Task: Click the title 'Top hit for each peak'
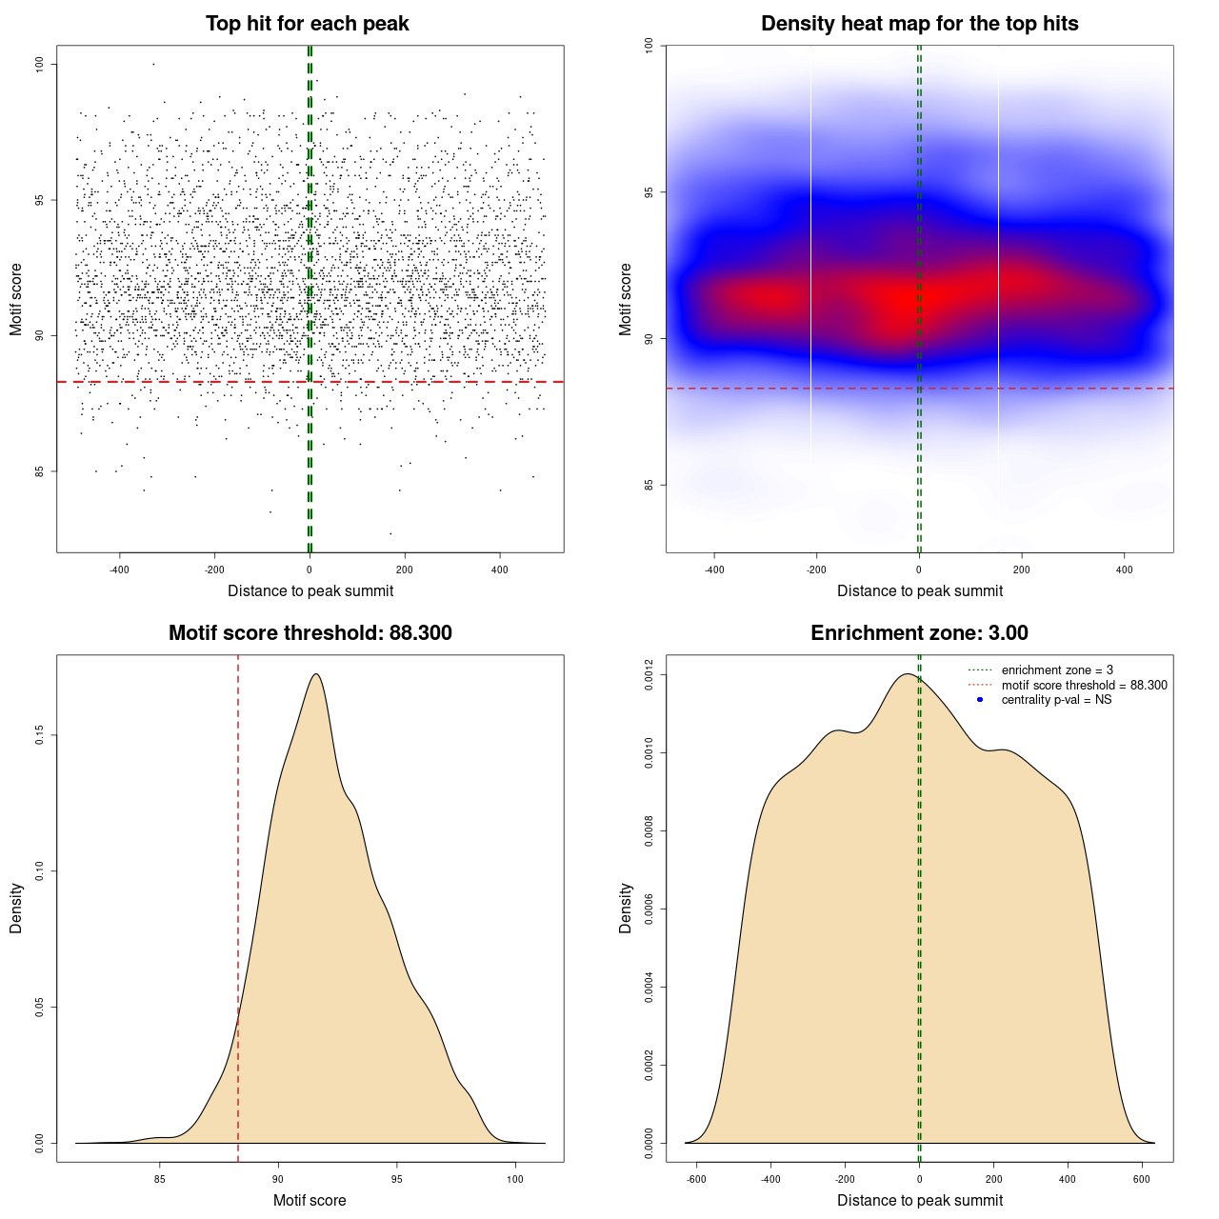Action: pyautogui.click(x=308, y=24)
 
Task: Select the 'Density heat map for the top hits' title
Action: pyautogui.click(x=919, y=24)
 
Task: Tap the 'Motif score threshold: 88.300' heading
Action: pyautogui.click(x=310, y=633)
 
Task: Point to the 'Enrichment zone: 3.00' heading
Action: pyautogui.click(x=919, y=633)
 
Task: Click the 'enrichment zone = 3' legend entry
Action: pyautogui.click(x=1057, y=670)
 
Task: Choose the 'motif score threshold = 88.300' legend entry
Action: pyautogui.click(x=1084, y=685)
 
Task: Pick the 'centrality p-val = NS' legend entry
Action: pyautogui.click(x=1056, y=700)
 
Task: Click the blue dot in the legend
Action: pyautogui.click(x=980, y=700)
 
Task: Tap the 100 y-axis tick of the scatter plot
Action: pyautogui.click(x=39, y=64)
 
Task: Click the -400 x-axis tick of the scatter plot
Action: pyautogui.click(x=119, y=570)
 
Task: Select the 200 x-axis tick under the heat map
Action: pyautogui.click(x=1022, y=570)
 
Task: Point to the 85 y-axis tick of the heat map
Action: pyautogui.click(x=649, y=485)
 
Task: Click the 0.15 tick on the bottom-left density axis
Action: pyautogui.click(x=39, y=735)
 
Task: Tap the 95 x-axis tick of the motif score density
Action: pyautogui.click(x=397, y=1179)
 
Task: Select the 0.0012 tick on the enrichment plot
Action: pyautogui.click(x=649, y=675)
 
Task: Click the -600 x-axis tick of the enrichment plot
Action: pyautogui.click(x=696, y=1179)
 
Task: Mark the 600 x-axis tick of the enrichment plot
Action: pyautogui.click(x=1142, y=1179)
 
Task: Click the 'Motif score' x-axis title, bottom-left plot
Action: pyautogui.click(x=310, y=1200)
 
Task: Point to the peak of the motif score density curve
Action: pyautogui.click(x=315, y=674)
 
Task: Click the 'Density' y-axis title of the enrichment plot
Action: pyautogui.click(x=626, y=908)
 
